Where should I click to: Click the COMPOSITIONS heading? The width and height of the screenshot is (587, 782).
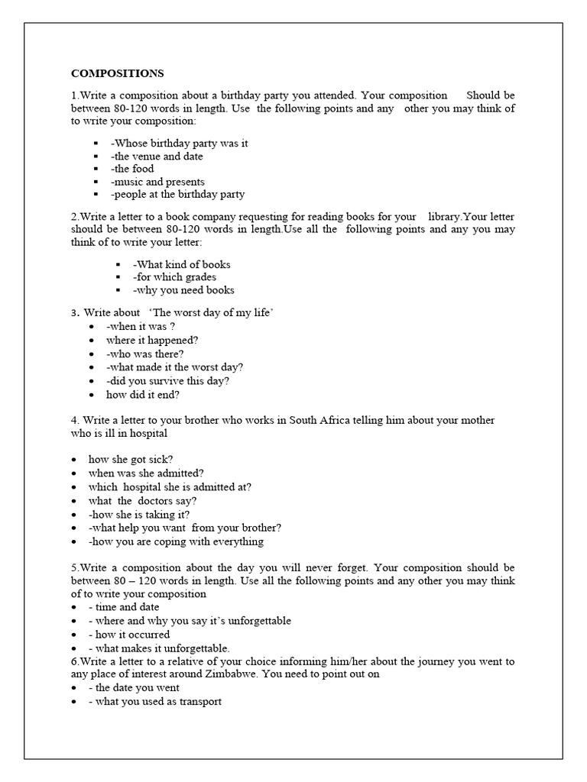pyautogui.click(x=117, y=74)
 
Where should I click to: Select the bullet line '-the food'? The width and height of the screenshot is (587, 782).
pyautogui.click(x=132, y=169)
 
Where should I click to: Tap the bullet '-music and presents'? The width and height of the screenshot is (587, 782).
pyautogui.click(x=157, y=182)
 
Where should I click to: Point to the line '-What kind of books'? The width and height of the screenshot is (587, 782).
pyautogui.click(x=181, y=264)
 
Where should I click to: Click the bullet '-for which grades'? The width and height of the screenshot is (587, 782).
pyautogui.click(x=174, y=277)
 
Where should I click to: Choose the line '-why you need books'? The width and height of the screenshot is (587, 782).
pyautogui.click(x=183, y=290)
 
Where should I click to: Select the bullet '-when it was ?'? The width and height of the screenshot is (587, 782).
pyautogui.click(x=137, y=326)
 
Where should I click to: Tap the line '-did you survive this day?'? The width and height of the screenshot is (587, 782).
pyautogui.click(x=168, y=381)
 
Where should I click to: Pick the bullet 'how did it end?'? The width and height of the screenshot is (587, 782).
pyautogui.click(x=143, y=395)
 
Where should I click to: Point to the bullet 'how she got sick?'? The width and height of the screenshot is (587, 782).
pyautogui.click(x=131, y=459)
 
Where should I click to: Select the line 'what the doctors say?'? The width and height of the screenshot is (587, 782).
pyautogui.click(x=143, y=501)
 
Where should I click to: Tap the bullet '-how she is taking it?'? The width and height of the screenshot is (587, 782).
pyautogui.click(x=139, y=515)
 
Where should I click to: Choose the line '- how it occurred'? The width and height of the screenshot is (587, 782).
pyautogui.click(x=129, y=635)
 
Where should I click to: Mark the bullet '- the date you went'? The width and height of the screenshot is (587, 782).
pyautogui.click(x=135, y=688)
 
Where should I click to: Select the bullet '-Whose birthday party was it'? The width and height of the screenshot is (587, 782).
pyautogui.click(x=180, y=143)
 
